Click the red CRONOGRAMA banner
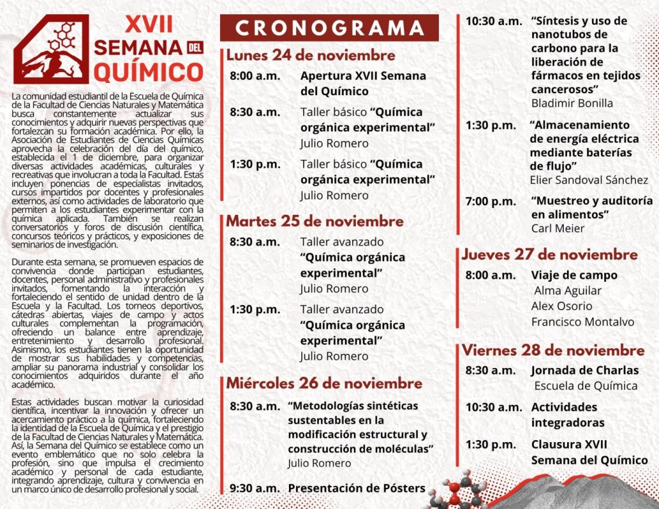point(329,28)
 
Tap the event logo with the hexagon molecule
point(51,50)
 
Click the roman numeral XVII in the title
point(148,24)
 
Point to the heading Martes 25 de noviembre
point(315,221)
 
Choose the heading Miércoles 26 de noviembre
point(324,384)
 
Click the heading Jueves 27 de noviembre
point(550,254)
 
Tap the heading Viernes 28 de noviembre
point(553,351)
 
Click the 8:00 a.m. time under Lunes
point(255,76)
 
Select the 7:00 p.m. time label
point(490,201)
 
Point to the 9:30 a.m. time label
point(255,488)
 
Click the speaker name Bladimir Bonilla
point(572,103)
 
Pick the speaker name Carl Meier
point(558,228)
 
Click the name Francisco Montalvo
point(582,322)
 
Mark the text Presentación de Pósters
point(357,488)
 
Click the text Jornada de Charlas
point(585,371)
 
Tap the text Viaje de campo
point(574,275)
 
